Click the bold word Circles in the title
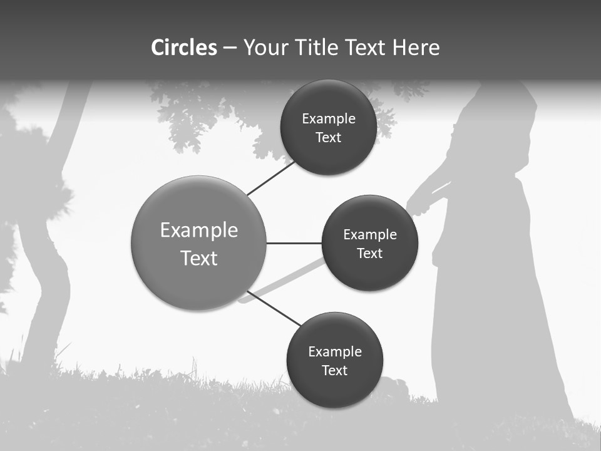[x=184, y=48]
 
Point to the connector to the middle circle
[x=294, y=243]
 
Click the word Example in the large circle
[x=198, y=230]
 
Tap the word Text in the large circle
[x=198, y=258]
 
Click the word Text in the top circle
[x=328, y=138]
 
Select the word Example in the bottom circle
[x=334, y=351]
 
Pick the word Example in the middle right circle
[x=369, y=235]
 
